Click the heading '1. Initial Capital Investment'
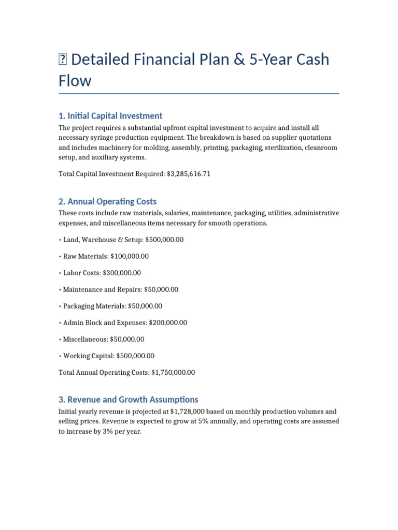point(110,116)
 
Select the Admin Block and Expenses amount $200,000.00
point(168,322)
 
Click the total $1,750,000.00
point(173,372)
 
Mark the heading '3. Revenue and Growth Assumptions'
point(128,400)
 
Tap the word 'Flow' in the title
point(75,81)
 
